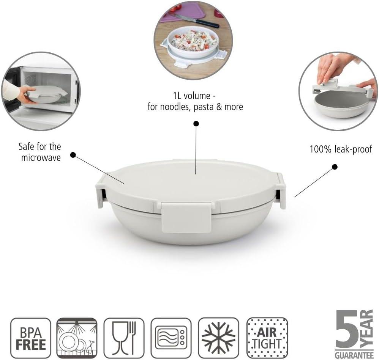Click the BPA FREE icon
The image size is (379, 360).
pos(31,338)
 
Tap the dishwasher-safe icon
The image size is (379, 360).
pos(77,338)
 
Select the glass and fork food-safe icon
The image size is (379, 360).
pos(124,338)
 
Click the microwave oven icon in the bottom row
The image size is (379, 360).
pos(171,338)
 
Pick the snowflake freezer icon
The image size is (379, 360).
pos(218,338)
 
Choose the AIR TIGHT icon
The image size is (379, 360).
pos(267,338)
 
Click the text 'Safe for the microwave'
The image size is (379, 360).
pos(40,152)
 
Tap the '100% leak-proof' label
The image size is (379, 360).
pos(341,149)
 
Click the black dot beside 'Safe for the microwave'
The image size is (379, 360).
pos(73,155)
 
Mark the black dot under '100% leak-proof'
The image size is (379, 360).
pos(335,167)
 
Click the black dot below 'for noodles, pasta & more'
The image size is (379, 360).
pos(196,124)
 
